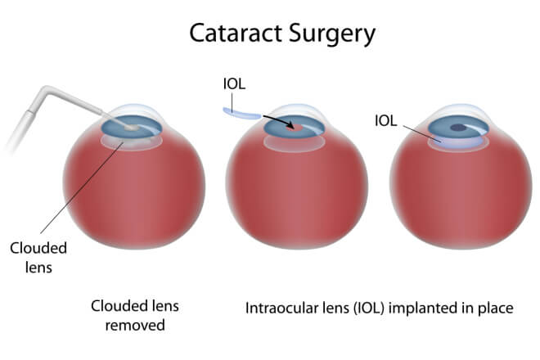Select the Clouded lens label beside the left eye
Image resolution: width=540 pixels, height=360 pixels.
coord(38,257)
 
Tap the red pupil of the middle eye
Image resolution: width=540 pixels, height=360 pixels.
coord(299,128)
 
